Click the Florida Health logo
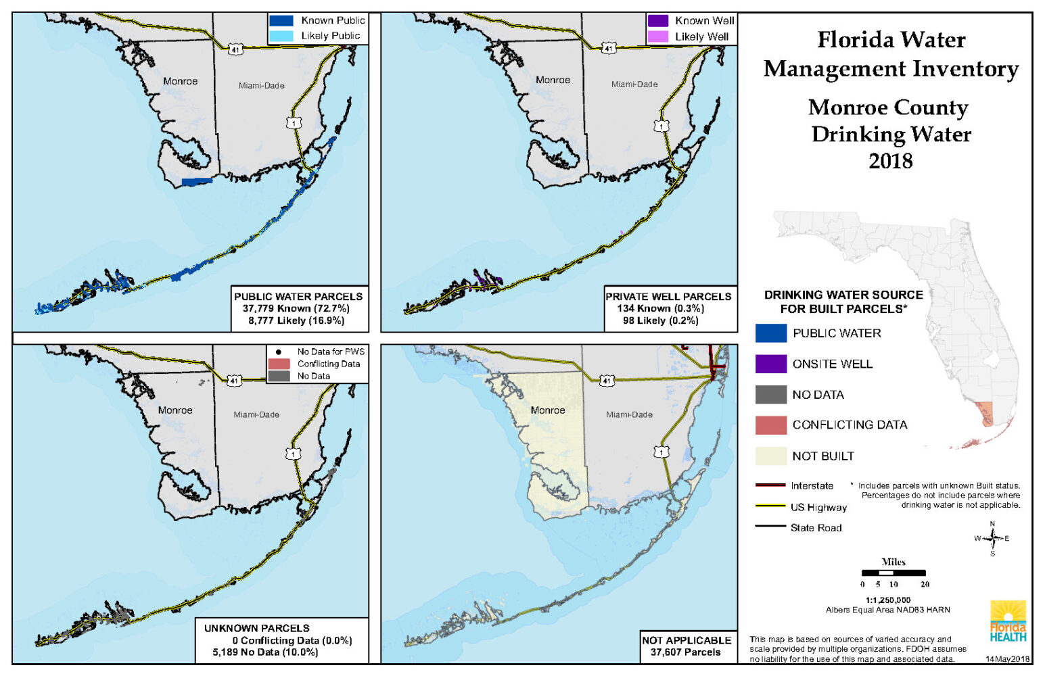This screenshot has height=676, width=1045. (1008, 621)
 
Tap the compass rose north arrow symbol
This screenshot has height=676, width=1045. (992, 538)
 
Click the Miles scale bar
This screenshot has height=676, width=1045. (893, 573)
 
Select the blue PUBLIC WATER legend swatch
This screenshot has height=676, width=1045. (770, 333)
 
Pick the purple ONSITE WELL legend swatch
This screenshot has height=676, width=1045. (770, 364)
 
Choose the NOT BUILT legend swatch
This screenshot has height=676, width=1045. (770, 456)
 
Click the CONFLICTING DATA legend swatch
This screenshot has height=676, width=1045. (770, 425)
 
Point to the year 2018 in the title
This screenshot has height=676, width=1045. (890, 161)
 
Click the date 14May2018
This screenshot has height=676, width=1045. (1007, 658)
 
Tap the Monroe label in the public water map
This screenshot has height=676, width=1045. (180, 81)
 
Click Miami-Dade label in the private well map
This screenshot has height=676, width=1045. (634, 84)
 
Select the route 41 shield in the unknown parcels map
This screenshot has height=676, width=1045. (234, 381)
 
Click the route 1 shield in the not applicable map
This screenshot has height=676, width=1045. (661, 451)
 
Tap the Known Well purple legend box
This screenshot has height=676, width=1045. (657, 21)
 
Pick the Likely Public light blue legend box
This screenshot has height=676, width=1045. (281, 36)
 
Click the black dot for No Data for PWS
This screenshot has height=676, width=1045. (279, 352)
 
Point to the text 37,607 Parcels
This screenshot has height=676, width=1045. (685, 652)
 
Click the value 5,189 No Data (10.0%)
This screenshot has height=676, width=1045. (265, 652)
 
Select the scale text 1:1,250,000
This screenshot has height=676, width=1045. (887, 600)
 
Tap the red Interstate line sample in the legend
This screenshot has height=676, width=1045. (770, 485)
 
